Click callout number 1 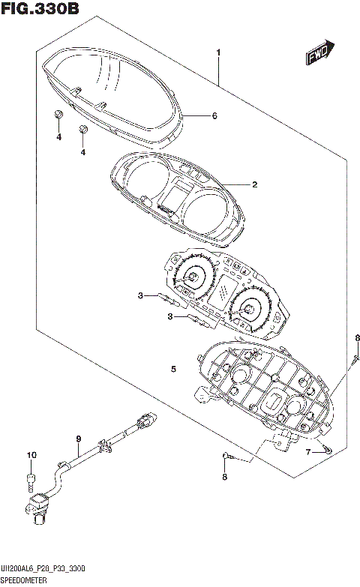coord(218,52)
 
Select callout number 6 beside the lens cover coord(214,116)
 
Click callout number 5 coord(173,370)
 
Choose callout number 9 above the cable coord(77,439)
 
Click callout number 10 coord(31,455)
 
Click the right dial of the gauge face coord(247,307)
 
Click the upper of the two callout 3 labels coord(139,296)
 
